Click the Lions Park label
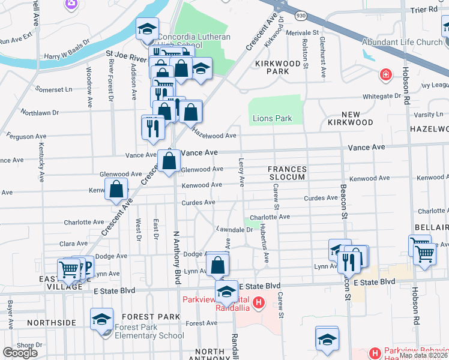[x=272, y=118]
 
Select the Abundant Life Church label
[x=402, y=42]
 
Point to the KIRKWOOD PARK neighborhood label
[x=272, y=67]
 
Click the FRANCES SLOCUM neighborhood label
[x=287, y=173]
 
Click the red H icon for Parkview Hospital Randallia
[x=259, y=302]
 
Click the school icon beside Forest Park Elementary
[x=101, y=319]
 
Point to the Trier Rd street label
[x=424, y=10]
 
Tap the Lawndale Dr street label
[x=234, y=230]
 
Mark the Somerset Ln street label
[x=53, y=89]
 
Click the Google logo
[x=20, y=353]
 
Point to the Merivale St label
[x=301, y=32]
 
